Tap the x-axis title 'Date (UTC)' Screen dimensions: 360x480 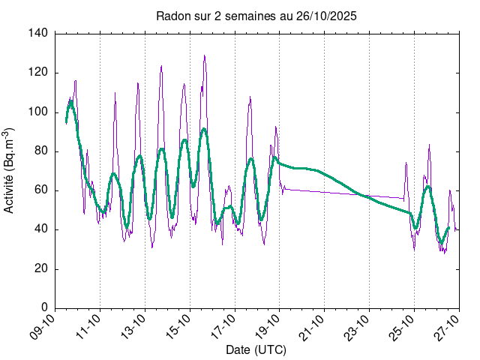tap(256, 349)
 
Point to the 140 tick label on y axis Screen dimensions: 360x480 tap(38, 34)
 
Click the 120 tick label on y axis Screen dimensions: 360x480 tap(38, 73)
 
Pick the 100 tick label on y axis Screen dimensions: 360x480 tap(38, 112)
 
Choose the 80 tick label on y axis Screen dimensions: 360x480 tap(41, 151)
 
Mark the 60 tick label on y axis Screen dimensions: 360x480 tap(41, 190)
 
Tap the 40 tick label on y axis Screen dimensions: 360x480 tap(41, 229)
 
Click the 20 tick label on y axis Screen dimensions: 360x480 tap(41, 268)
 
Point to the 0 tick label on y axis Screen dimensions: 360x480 tap(44, 307)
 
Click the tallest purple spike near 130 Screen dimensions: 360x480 tap(204, 56)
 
